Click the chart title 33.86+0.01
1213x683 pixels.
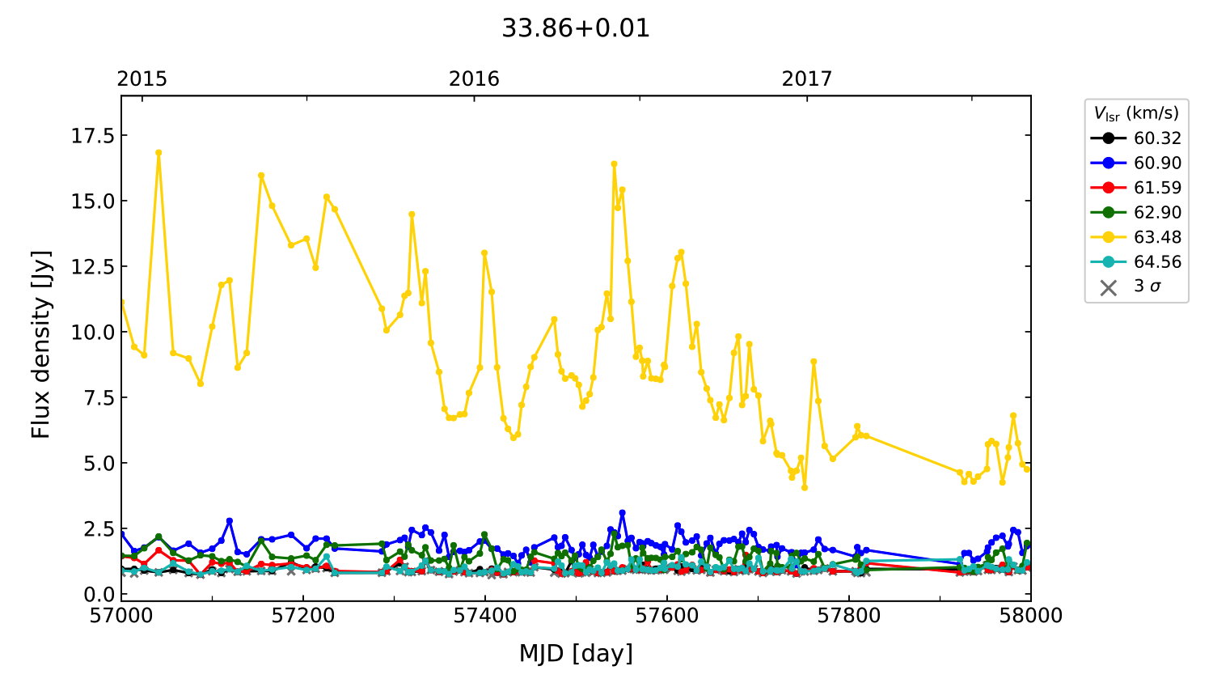575,28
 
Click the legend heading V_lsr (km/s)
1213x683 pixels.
1136,113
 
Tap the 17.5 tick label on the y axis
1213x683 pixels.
92,135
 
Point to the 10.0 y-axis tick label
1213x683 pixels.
92,332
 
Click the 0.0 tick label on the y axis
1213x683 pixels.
99,594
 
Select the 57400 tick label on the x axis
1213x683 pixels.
485,616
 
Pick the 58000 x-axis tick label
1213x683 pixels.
1030,616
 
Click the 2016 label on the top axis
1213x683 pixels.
474,78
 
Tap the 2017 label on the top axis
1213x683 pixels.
806,78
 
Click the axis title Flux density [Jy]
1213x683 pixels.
41,344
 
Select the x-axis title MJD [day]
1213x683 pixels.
575,653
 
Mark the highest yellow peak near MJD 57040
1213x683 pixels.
158,152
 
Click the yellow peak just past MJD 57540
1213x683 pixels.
614,163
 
